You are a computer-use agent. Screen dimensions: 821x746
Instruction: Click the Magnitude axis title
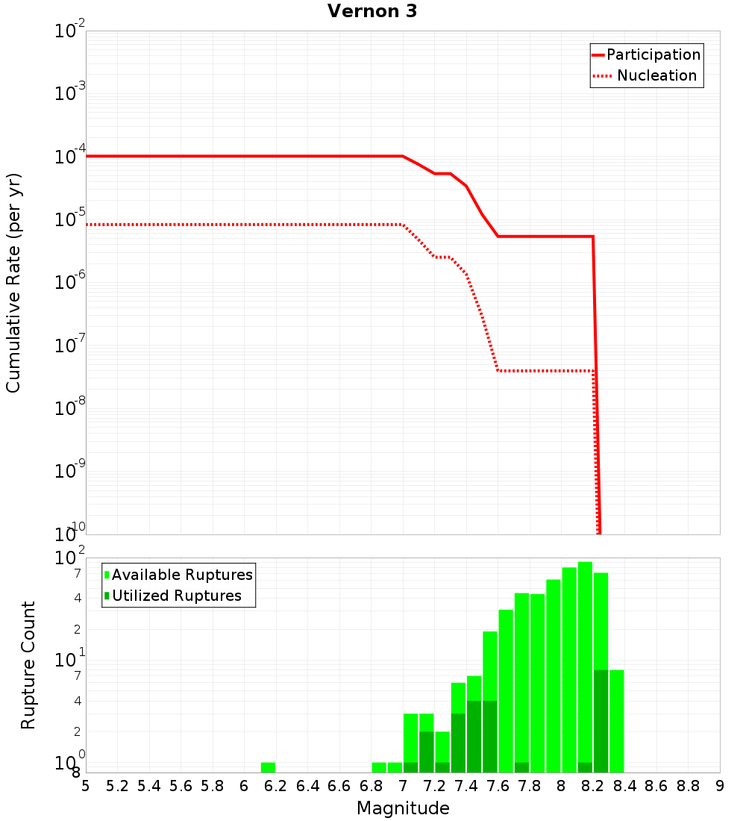[403, 808]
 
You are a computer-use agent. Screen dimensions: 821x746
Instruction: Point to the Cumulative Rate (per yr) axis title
[13, 283]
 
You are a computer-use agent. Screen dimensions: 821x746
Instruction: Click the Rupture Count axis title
[28, 665]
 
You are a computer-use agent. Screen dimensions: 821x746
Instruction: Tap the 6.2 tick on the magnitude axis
[276, 786]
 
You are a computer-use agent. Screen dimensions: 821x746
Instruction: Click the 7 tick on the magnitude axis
[403, 786]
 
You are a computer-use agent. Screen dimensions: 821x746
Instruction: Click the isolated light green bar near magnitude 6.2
[268, 767]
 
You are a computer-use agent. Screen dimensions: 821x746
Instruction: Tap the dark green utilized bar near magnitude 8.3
[601, 720]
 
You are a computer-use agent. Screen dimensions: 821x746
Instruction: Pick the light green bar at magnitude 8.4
[616, 720]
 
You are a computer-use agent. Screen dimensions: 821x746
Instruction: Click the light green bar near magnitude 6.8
[379, 767]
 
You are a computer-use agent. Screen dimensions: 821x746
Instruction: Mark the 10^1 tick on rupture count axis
[70, 660]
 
